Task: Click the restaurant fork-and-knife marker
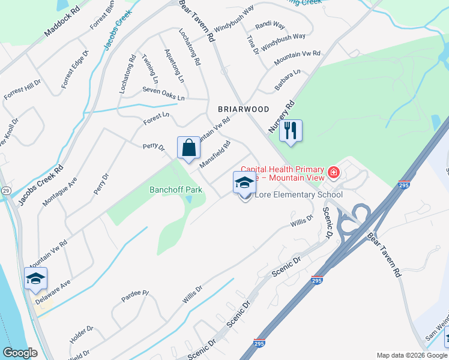coord(291,131)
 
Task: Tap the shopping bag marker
coord(188,148)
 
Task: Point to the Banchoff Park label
coord(176,190)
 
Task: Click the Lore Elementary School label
coord(299,194)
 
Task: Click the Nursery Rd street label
coord(282,116)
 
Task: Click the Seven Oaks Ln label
coord(163,94)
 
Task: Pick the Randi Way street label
coord(270,26)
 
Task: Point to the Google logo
coord(20,353)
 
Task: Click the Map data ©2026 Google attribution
coord(411,355)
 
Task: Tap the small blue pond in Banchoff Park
coord(189,199)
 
